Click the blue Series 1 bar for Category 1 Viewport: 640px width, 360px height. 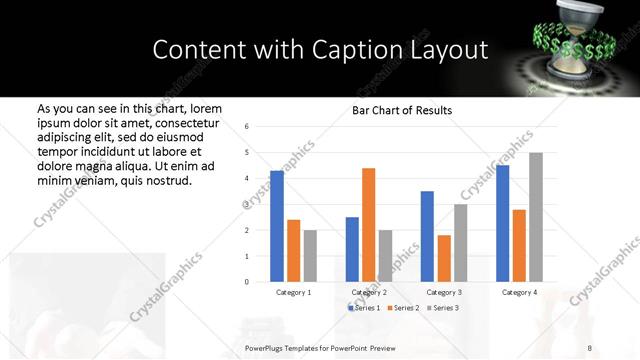point(277,226)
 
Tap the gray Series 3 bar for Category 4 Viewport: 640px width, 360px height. point(536,217)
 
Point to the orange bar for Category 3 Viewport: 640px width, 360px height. point(443,258)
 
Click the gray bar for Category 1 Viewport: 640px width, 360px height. point(310,256)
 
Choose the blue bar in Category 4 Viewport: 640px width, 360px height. point(502,223)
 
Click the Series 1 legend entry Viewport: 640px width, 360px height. point(365,307)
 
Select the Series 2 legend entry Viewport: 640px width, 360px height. point(404,307)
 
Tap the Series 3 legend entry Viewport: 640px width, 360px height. point(444,307)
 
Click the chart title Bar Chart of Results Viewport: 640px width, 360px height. point(402,110)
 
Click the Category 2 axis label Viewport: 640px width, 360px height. point(369,292)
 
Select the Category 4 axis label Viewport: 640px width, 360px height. point(519,292)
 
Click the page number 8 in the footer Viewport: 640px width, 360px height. point(590,346)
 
